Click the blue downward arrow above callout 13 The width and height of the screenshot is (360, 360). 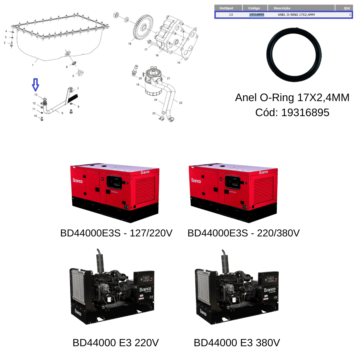[35, 85]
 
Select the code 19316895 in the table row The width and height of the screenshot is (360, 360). [256, 15]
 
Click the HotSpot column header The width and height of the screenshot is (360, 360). [226, 8]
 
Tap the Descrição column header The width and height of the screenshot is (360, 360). [282, 8]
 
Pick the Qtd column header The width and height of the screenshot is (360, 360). [347, 8]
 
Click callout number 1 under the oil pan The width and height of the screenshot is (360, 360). [33, 65]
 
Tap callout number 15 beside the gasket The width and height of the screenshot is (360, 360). [178, 63]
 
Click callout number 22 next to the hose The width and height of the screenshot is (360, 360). [181, 103]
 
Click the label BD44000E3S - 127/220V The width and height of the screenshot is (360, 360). [116, 233]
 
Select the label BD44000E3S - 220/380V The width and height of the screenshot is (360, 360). [243, 233]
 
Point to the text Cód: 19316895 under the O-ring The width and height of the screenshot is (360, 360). [292, 112]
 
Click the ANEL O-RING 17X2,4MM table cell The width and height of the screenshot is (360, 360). [296, 15]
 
